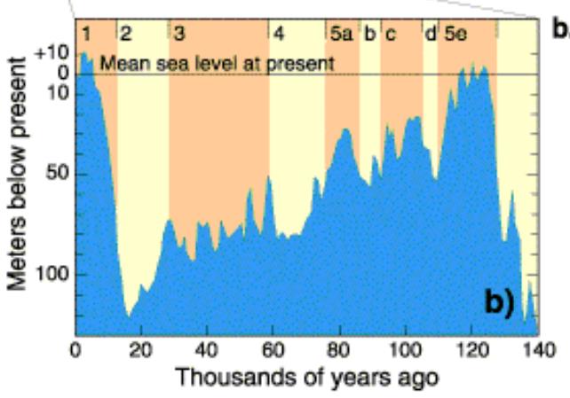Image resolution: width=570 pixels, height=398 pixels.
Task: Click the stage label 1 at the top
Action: coord(87,35)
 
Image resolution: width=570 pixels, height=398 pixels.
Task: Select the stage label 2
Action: coord(126,35)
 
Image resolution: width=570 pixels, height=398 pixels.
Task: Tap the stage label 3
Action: coord(180,35)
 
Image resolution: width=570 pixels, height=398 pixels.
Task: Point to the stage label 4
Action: coord(279,35)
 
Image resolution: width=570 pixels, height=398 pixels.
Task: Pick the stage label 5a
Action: coord(341,35)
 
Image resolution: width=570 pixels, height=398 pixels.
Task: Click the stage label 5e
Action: coord(455,35)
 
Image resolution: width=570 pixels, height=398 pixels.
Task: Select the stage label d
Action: coord(430,35)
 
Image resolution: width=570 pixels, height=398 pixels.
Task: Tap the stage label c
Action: coord(390,35)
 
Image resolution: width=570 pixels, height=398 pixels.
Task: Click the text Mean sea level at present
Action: coord(218,63)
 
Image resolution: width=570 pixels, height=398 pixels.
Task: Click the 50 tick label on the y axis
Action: coord(59,174)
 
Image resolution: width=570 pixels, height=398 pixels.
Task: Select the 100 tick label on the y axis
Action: coord(55,274)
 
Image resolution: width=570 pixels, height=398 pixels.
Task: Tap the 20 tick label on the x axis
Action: coord(141,348)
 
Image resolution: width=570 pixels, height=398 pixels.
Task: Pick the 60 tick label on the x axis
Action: coord(273,348)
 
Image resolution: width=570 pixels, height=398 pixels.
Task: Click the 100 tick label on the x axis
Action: coord(406,348)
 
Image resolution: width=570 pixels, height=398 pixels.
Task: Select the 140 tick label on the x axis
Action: coord(537,348)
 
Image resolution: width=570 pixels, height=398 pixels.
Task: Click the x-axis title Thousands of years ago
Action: coord(305,376)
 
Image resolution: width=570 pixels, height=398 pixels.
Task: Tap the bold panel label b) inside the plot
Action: coord(497,304)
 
